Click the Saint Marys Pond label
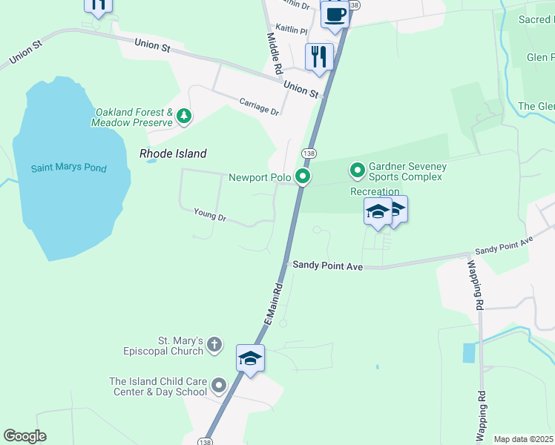tap(68, 168)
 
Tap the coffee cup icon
tap(335, 15)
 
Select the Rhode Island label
tap(173, 154)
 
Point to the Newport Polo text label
tap(259, 177)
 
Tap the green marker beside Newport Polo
tap(302, 177)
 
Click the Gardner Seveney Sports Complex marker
tap(358, 171)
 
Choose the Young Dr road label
tap(209, 216)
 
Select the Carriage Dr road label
tap(259, 106)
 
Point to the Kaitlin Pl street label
tap(291, 30)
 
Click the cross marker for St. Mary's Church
tap(214, 344)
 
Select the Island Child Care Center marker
tap(219, 386)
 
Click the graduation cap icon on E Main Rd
tap(251, 359)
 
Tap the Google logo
tap(24, 436)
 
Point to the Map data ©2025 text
tap(524, 439)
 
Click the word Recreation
tap(375, 192)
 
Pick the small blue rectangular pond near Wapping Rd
tap(469, 353)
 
